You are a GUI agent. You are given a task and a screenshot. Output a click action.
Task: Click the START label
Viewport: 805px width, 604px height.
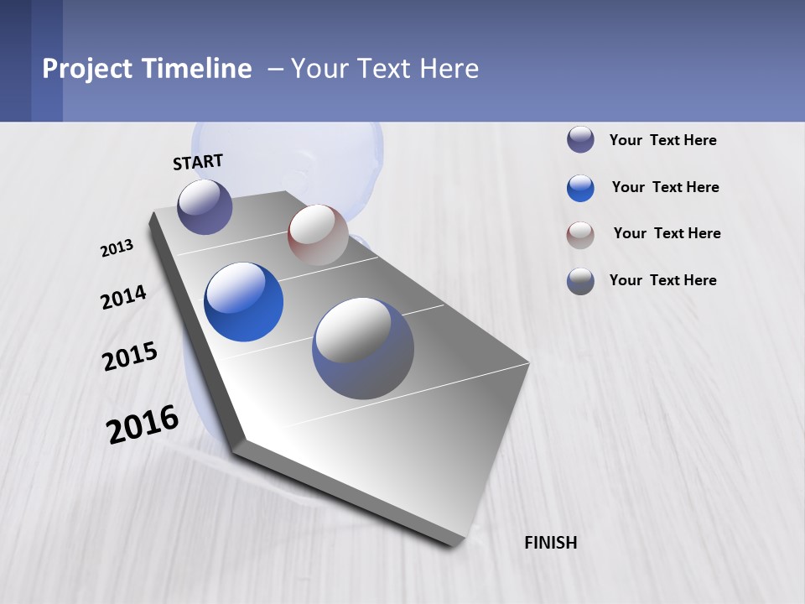pos(198,162)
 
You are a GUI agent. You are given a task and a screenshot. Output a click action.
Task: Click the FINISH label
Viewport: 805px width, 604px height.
pos(551,543)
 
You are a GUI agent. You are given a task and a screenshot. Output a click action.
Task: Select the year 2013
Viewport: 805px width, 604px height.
pos(117,248)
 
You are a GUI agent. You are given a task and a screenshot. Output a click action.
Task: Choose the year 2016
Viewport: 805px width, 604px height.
pos(143,424)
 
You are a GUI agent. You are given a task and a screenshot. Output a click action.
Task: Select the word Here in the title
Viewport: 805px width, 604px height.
pos(449,69)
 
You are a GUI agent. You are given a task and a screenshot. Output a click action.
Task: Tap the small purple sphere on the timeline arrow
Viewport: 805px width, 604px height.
pos(205,206)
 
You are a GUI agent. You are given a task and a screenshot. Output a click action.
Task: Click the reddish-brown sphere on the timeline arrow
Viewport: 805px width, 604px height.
pos(318,235)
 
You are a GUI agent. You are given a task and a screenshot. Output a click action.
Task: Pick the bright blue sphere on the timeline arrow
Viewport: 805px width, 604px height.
pos(243,302)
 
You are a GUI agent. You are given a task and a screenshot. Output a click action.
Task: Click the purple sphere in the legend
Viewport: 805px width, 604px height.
pos(580,140)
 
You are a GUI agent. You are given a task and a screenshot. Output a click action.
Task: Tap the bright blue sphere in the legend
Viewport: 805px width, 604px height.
pos(580,188)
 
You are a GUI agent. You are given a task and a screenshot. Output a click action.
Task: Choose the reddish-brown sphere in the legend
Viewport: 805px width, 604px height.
pos(580,235)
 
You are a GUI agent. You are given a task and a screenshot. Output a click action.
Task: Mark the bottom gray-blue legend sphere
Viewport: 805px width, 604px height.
pos(580,281)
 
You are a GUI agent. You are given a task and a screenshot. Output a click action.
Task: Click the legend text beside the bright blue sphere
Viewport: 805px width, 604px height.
pos(665,187)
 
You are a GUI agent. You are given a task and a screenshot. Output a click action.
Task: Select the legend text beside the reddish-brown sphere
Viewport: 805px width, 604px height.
pos(667,233)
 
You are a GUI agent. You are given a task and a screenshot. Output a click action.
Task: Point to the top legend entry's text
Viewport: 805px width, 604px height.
pos(662,140)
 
